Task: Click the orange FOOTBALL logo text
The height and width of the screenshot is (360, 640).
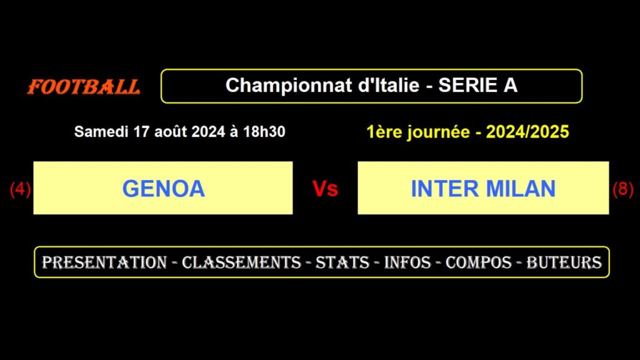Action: point(84,87)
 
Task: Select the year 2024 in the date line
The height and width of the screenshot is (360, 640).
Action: point(209,132)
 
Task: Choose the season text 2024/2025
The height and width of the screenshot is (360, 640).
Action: point(528,132)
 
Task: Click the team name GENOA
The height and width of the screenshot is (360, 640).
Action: point(163,188)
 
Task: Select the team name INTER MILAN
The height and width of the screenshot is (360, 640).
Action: point(483,188)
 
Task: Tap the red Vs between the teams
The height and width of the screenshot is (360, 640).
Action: point(325,189)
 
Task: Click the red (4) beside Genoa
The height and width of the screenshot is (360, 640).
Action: point(20,189)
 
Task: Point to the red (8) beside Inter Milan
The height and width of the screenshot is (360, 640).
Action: point(622,189)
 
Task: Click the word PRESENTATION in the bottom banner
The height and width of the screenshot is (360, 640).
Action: point(104,262)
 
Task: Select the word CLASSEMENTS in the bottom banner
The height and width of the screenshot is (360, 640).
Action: point(241,262)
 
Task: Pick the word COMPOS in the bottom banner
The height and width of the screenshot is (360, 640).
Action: point(478,262)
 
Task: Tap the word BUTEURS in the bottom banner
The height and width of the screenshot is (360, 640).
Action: point(564,262)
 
